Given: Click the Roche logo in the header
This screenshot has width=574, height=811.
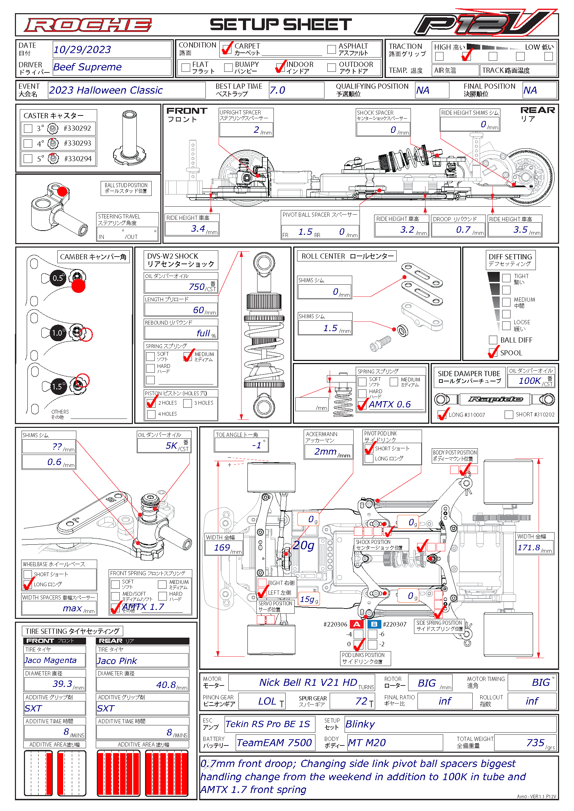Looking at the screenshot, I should coord(88,25).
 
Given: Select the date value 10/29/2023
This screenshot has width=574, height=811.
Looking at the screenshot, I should coord(82,50).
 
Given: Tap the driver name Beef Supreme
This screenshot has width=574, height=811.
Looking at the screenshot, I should coord(87,67).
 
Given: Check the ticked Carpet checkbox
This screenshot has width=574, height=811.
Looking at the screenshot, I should coord(226,49).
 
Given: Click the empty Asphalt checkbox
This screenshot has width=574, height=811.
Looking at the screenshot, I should coord(331,49).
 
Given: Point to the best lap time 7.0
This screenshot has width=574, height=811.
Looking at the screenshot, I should coord(278,90).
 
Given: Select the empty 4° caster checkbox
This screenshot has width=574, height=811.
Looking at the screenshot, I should coord(28,144).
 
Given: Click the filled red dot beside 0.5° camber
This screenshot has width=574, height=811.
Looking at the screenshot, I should coord(78,286).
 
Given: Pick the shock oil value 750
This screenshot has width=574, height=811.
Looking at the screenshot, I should coord(196,287).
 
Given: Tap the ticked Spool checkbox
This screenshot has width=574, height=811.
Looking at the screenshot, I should coord(493,353).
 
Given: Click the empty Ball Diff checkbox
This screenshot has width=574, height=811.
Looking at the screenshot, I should coord(493,340).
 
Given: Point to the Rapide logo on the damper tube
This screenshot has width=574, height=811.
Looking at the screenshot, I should coord(495,399).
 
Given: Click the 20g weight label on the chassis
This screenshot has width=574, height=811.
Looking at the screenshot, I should coord(303,545).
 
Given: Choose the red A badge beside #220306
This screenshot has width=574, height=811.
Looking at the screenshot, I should coord(357,624).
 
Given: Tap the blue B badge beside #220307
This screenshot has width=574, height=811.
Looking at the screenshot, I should coord(374,624).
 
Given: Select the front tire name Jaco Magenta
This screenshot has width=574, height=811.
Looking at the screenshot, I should coord(51,661).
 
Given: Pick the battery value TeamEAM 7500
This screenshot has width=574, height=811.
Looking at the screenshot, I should coord(274,743).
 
